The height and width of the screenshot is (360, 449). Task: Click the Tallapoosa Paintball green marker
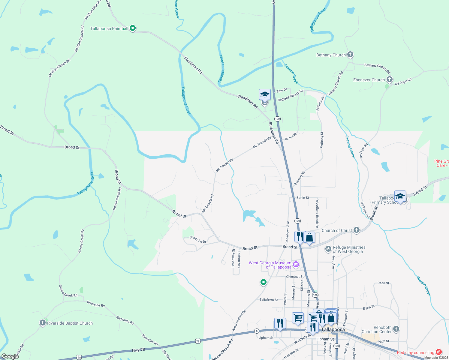tap(133, 28)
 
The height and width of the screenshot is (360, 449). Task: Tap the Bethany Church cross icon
tap(350, 55)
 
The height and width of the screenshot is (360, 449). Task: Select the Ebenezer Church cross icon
tap(389, 79)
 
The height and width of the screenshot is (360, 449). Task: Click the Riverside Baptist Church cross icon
tap(42, 323)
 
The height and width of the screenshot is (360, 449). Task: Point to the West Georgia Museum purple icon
tap(296, 264)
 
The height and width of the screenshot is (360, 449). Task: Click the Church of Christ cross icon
tap(356, 230)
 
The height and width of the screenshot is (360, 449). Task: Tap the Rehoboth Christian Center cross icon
tap(396, 329)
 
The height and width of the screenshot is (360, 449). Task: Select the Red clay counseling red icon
tap(439, 352)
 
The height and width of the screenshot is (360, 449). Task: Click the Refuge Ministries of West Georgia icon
tap(328, 249)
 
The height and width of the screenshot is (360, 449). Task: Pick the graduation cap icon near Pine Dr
tap(265, 95)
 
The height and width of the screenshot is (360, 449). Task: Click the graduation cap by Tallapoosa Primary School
tap(400, 196)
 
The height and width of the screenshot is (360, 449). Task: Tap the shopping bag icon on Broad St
tap(309, 238)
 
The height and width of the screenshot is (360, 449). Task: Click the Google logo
tap(10, 356)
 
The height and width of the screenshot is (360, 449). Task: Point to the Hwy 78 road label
tap(138, 350)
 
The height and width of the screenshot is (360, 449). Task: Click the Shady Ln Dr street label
tap(198, 239)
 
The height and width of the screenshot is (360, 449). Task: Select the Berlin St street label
tap(303, 198)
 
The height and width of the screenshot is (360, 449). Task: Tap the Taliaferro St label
tap(269, 300)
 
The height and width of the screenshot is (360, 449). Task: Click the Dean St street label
tap(383, 283)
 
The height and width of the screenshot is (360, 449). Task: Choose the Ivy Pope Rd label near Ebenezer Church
tap(403, 82)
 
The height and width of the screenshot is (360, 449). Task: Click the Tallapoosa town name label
tap(333, 329)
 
